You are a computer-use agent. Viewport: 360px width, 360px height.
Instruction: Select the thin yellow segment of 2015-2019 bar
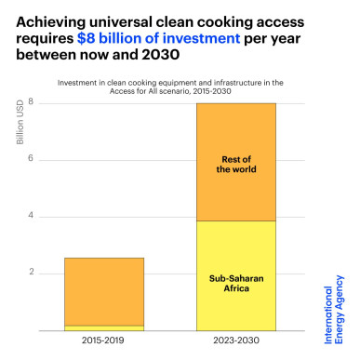[104, 327]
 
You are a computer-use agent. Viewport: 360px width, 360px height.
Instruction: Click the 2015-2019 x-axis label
[104, 342]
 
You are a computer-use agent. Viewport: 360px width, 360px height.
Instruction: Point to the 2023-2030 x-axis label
[236, 342]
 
